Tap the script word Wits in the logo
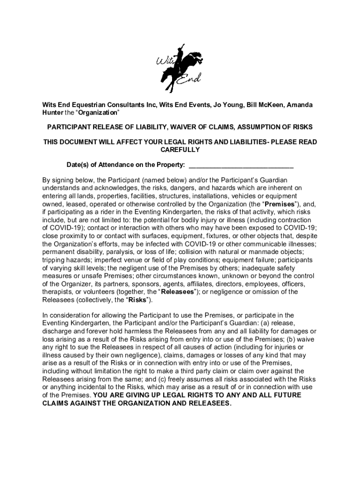pos(164,63)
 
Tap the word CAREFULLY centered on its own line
pos(180,150)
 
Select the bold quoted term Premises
pos(280,204)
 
